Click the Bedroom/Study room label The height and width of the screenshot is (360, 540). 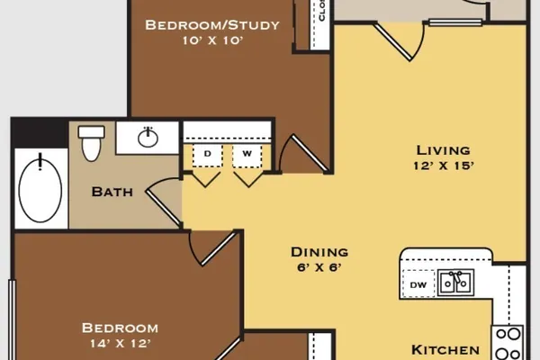point(212,25)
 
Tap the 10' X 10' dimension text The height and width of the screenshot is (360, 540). point(212,40)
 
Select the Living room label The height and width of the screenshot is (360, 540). point(443,150)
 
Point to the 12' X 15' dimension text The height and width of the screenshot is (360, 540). point(444,166)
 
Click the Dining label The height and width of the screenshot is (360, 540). point(319,252)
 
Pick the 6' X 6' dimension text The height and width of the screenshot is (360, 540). point(319,267)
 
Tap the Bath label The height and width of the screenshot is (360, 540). point(112,192)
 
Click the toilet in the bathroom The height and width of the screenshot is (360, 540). point(91,143)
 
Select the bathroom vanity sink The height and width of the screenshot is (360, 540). point(148,138)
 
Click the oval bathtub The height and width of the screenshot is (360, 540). point(40,189)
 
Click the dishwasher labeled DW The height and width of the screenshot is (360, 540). point(418,284)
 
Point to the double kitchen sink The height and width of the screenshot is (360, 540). point(455,283)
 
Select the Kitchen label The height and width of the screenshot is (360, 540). point(445,350)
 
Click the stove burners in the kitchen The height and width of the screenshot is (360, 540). point(508,343)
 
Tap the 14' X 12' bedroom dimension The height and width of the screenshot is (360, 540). point(121,344)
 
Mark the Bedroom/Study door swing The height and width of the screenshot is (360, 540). point(303,154)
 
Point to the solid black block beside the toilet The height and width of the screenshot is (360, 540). point(40,134)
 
